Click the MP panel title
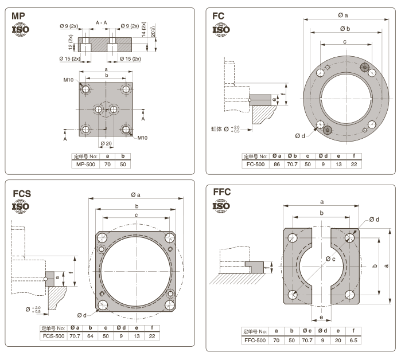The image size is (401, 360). [19, 16]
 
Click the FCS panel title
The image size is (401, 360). [22, 194]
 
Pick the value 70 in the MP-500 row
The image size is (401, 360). [107, 164]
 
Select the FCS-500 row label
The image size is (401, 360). [55, 336]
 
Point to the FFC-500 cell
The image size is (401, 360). [255, 339]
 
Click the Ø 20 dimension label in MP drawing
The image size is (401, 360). [106, 143]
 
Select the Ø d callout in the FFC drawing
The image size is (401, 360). [374, 220]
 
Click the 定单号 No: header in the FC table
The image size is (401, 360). [255, 155]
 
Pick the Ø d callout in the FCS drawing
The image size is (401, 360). [80, 315]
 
